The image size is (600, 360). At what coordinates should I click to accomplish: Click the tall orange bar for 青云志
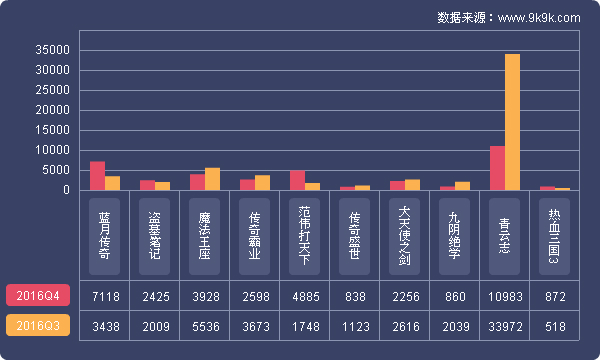tap(512, 121)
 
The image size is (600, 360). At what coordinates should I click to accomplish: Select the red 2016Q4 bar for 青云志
tap(497, 167)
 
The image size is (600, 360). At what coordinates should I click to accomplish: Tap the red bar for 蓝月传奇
tap(97, 175)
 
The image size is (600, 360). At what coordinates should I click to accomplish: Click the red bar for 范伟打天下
tap(297, 180)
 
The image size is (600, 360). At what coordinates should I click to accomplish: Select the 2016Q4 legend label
tap(38, 295)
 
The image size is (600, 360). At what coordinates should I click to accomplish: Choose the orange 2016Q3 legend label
tap(38, 326)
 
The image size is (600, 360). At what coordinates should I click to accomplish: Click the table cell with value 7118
tap(105, 296)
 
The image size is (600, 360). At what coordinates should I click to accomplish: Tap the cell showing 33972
tap(505, 326)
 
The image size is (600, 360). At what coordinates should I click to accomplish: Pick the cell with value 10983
tap(505, 296)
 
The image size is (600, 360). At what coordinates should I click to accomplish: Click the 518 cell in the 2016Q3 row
tap(555, 326)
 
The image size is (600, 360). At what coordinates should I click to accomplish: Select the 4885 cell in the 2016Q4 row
tap(305, 296)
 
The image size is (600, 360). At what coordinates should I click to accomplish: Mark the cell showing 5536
tap(205, 326)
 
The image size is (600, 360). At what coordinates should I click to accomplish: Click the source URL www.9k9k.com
tap(539, 17)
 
